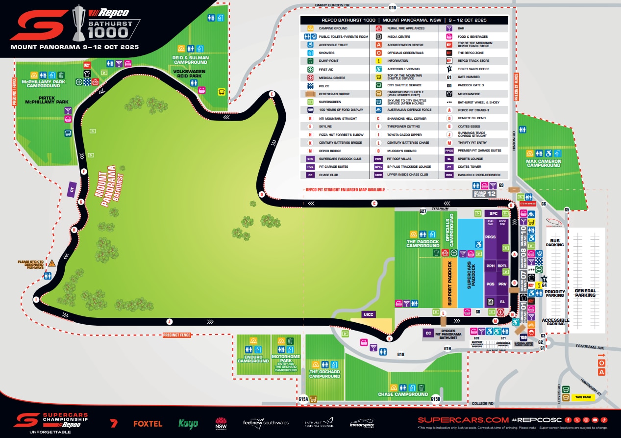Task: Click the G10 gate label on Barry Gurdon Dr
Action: point(392,8)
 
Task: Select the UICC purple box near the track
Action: point(368,314)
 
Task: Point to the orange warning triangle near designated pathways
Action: point(51,263)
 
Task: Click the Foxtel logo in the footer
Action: point(148,423)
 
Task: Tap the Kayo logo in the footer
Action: point(188,423)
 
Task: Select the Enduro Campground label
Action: point(253,359)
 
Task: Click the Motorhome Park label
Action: point(286,361)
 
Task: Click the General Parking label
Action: point(585,293)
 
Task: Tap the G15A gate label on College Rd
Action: point(303,400)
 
